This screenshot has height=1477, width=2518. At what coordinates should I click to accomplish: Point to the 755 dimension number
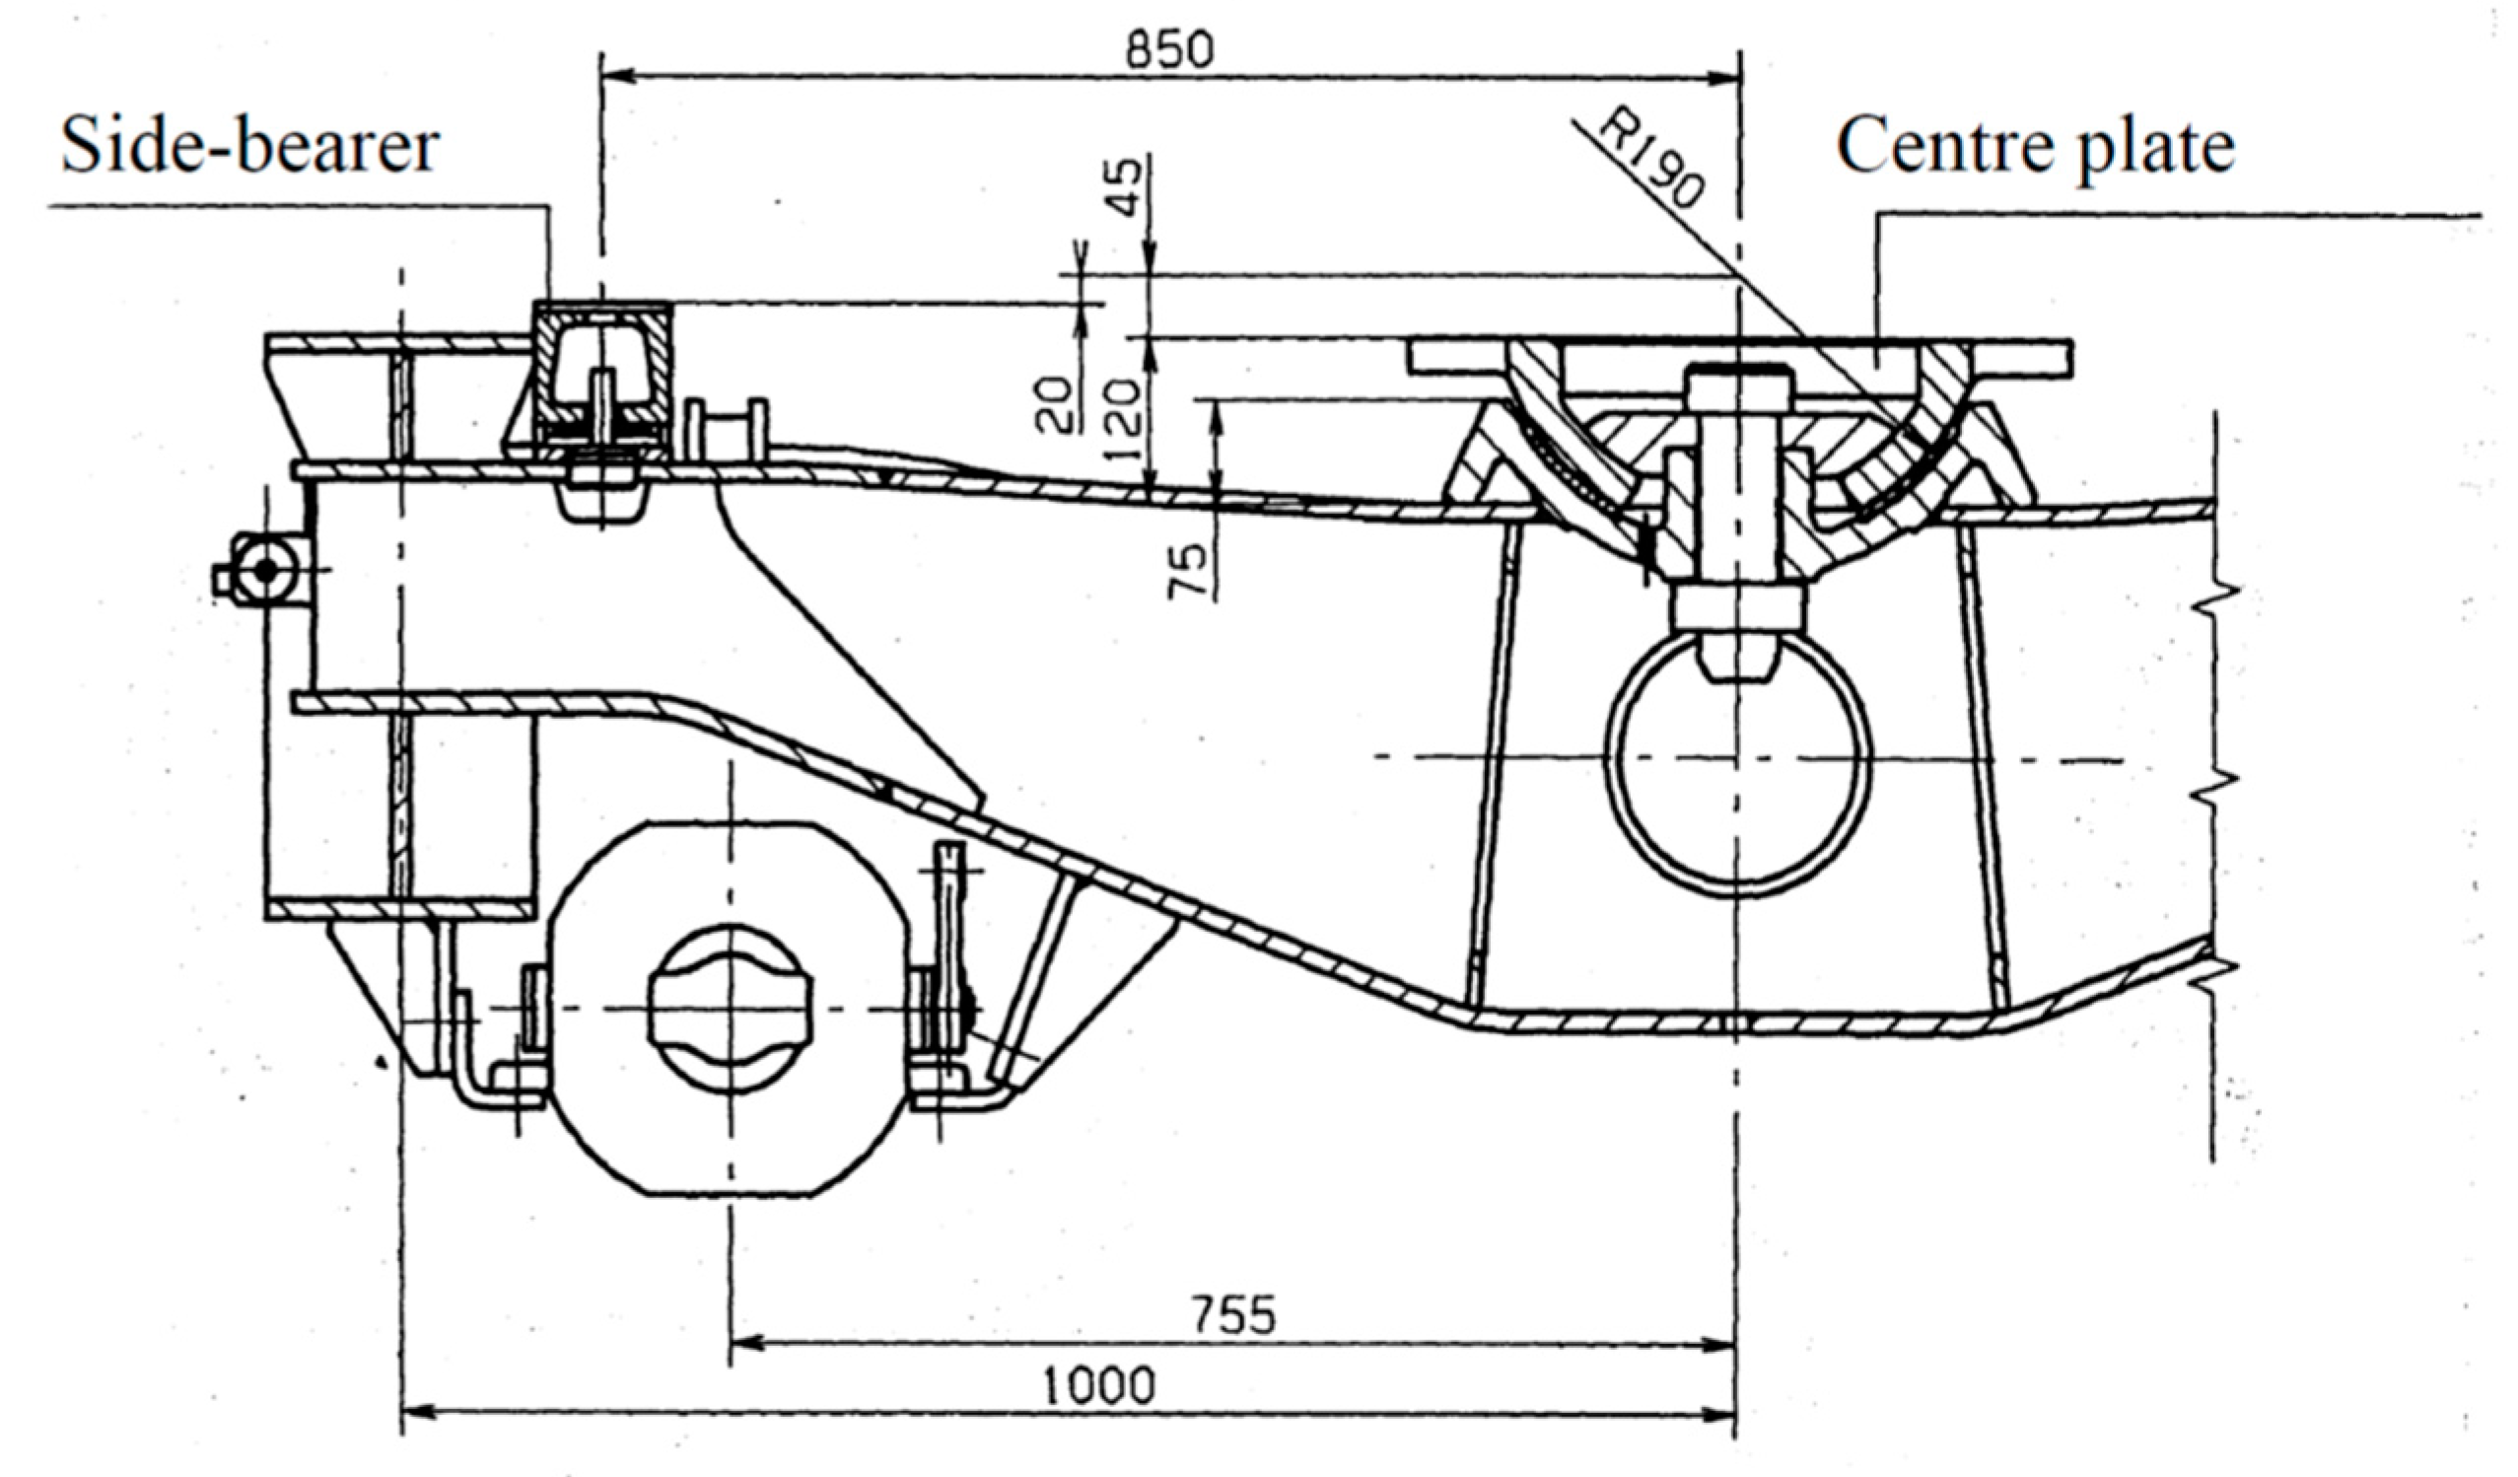(x=1234, y=1315)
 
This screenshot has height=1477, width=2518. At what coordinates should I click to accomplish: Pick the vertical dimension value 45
(x=1126, y=188)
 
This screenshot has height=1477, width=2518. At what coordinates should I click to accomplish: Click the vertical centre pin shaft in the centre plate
(x=1736, y=479)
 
